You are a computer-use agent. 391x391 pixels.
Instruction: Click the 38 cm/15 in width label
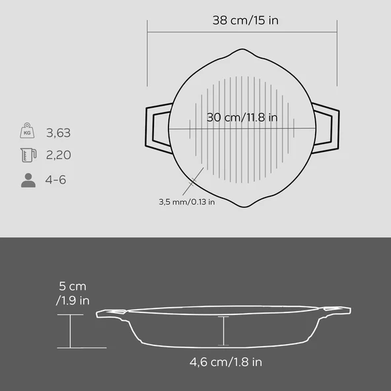246,20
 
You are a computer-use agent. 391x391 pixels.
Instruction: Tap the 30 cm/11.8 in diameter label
242,117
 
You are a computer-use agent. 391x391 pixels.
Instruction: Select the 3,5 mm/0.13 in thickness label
187,201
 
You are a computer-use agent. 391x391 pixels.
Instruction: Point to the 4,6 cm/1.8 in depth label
226,362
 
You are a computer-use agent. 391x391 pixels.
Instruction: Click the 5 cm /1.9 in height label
73,293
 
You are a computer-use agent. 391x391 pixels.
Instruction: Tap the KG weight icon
27,130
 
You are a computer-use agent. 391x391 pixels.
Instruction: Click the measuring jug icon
28,155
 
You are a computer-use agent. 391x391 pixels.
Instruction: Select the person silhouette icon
28,180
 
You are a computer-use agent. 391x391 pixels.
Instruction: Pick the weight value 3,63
58,133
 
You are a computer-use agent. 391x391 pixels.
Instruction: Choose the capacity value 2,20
58,155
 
